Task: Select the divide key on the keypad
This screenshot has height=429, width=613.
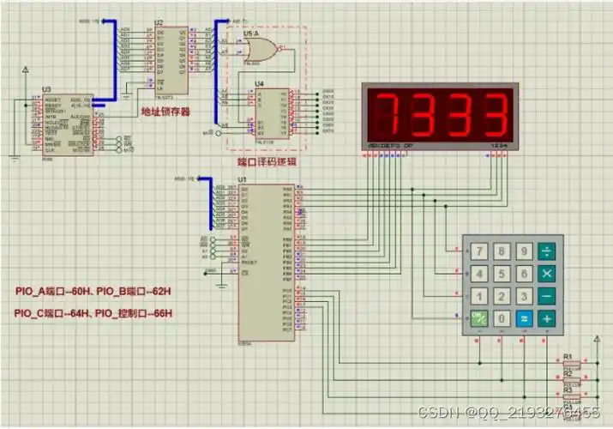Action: pyautogui.click(x=546, y=252)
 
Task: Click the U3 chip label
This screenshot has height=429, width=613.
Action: pyautogui.click(x=46, y=89)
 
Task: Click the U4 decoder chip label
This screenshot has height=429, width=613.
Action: pyautogui.click(x=260, y=82)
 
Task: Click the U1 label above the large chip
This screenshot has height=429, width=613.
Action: pyautogui.click(x=243, y=179)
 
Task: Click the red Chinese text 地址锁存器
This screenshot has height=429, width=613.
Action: pyautogui.click(x=165, y=112)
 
